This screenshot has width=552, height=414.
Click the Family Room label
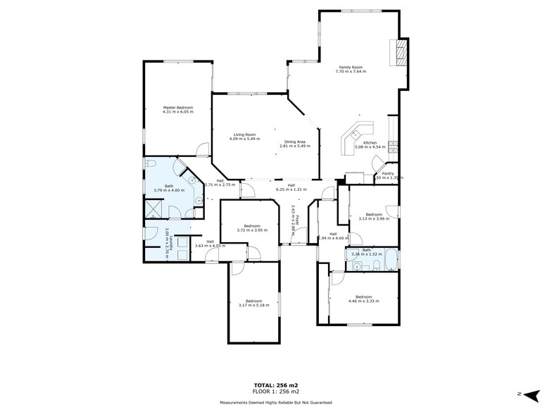point(351,69)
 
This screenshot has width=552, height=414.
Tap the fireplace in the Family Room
point(401,53)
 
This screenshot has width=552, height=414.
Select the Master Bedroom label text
point(177,109)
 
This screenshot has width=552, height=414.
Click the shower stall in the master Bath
point(154,209)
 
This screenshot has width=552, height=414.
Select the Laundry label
point(166,244)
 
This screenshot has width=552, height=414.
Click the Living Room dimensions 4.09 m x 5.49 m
point(245,139)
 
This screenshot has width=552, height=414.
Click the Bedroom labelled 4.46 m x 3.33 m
point(363,299)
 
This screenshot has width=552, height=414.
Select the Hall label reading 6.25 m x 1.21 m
point(291,187)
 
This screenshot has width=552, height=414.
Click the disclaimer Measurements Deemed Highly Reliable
point(275,403)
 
